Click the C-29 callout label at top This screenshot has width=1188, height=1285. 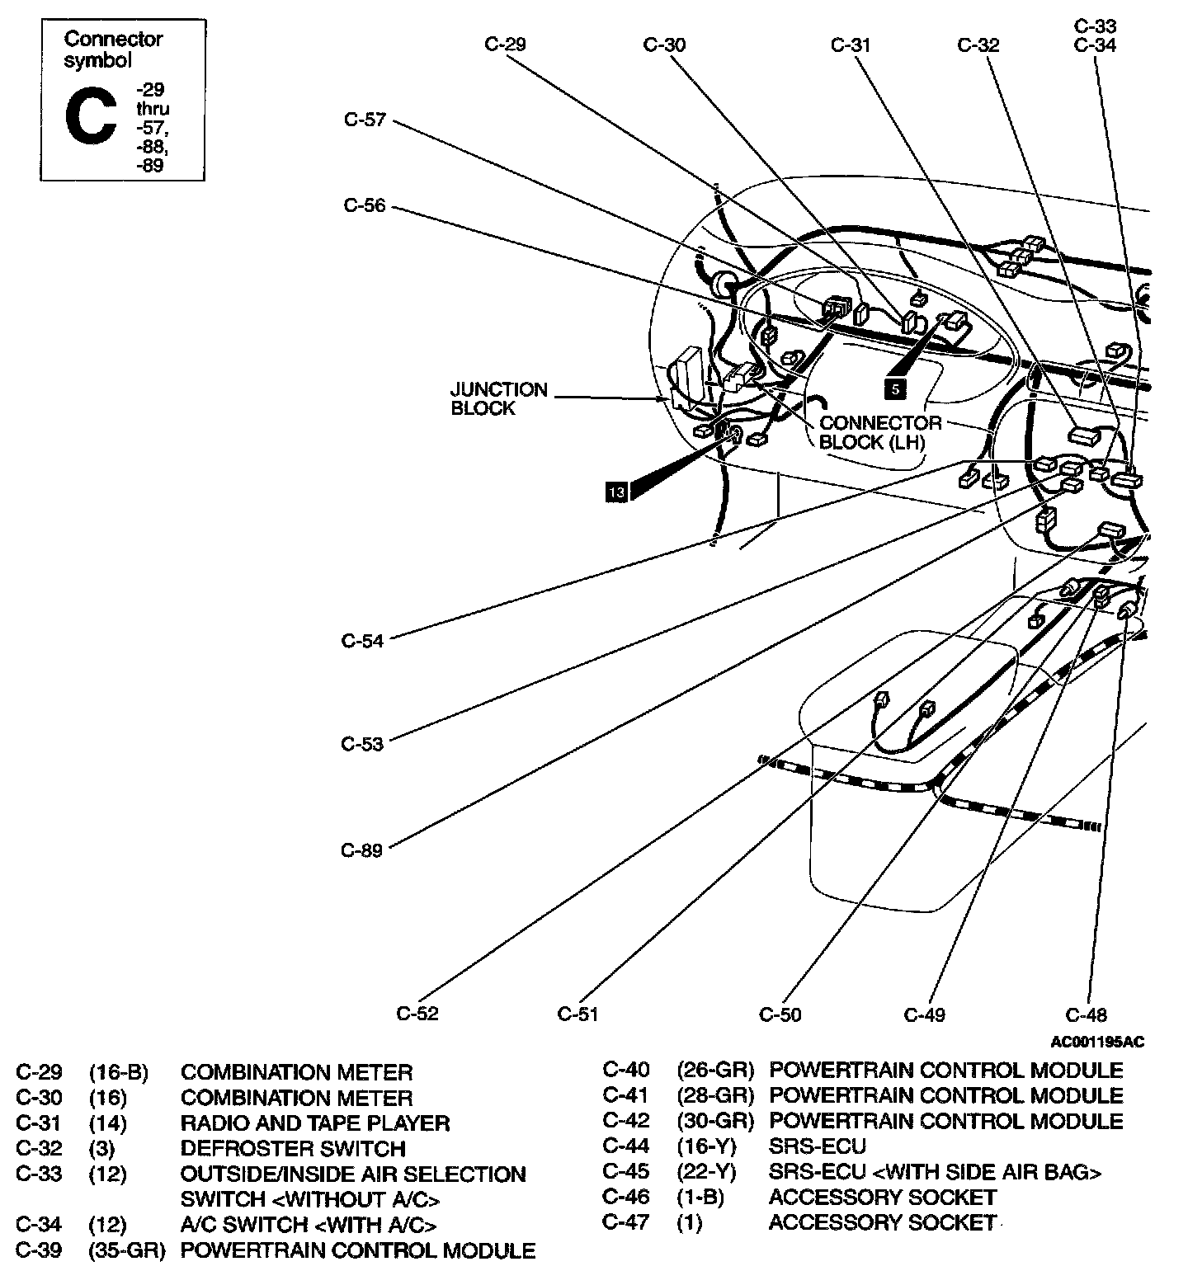pyautogui.click(x=504, y=45)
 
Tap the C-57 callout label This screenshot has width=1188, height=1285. pyautogui.click(x=365, y=120)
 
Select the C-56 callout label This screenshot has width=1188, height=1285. pyautogui.click(x=365, y=205)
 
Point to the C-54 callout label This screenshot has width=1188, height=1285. pyautogui.click(x=363, y=641)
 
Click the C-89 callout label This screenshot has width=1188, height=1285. pyautogui.click(x=362, y=850)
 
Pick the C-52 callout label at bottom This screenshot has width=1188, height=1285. pyautogui.click(x=417, y=1014)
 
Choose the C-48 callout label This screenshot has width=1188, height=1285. pyautogui.click(x=1087, y=1014)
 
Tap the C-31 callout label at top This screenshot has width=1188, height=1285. pyautogui.click(x=851, y=45)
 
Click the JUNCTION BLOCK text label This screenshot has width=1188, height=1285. pyautogui.click(x=498, y=398)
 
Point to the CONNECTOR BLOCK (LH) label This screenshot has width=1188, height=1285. pyautogui.click(x=880, y=432)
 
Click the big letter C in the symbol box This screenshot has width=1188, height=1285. pyautogui.click(x=91, y=118)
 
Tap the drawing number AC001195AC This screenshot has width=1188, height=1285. pyautogui.click(x=1097, y=1043)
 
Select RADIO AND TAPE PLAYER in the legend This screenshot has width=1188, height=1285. pyautogui.click(x=314, y=1123)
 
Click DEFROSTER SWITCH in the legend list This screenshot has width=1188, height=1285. pyautogui.click(x=293, y=1149)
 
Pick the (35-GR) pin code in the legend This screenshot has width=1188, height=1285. pyautogui.click(x=127, y=1251)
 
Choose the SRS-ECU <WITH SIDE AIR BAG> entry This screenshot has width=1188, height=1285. pyautogui.click(x=935, y=1172)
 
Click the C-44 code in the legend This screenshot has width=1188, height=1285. pyautogui.click(x=625, y=1146)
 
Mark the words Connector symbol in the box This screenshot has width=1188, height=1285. pyautogui.click(x=114, y=49)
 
